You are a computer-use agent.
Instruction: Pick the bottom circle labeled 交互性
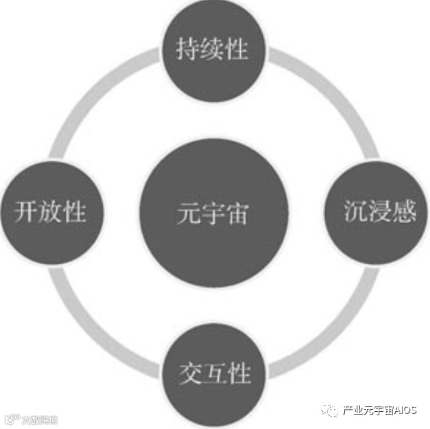pyautogui.click(x=215, y=374)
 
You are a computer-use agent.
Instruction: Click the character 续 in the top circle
pyautogui.click(x=213, y=50)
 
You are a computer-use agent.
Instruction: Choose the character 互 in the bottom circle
pyautogui.click(x=215, y=375)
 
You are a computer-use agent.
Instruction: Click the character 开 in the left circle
pyautogui.click(x=25, y=212)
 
